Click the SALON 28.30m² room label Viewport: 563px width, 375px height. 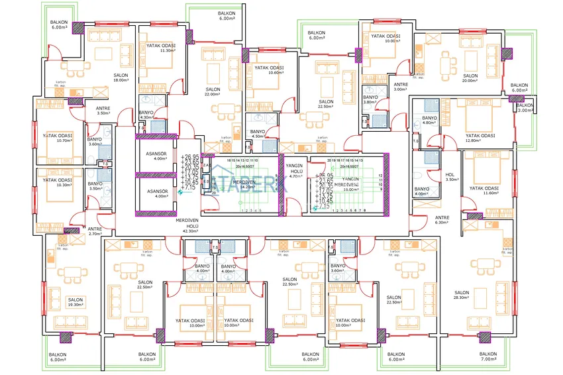click(x=462, y=295)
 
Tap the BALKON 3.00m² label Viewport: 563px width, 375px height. click(x=525, y=108)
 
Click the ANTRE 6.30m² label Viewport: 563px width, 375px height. click(x=442, y=220)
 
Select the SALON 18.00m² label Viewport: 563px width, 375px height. click(x=121, y=78)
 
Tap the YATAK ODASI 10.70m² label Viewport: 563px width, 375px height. click(x=58, y=138)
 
